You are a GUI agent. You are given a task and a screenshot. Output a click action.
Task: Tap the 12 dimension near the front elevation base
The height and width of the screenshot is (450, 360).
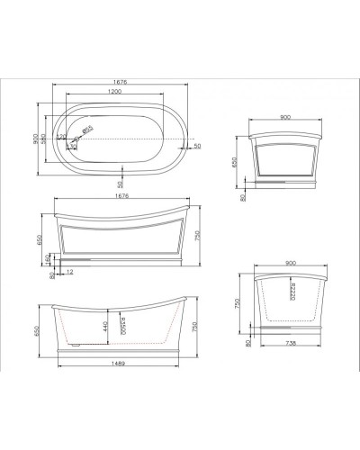pyautogui.click(x=69, y=271)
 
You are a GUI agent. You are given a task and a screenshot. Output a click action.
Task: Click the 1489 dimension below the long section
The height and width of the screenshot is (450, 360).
pyautogui.click(x=117, y=363)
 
